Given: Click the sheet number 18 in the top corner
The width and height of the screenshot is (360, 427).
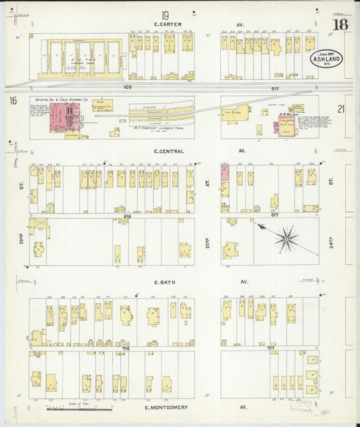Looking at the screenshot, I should click(340, 26).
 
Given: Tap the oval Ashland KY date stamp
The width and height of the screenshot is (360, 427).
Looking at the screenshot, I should click(326, 60).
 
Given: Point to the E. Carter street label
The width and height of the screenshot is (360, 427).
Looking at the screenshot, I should click(165, 26).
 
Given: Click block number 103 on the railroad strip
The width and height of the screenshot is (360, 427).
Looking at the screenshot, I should click(127, 88).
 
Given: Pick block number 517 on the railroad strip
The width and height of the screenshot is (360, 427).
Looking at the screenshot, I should click(274, 88).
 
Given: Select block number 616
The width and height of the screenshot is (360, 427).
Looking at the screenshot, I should click(127, 216).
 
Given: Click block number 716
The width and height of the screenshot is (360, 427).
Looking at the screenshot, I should click(126, 349).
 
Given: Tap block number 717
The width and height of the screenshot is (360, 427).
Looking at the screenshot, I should click(271, 349).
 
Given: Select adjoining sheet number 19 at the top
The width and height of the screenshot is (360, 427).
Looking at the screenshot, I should click(165, 14).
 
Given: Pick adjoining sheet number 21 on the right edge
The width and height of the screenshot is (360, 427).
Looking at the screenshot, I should click(341, 108).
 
